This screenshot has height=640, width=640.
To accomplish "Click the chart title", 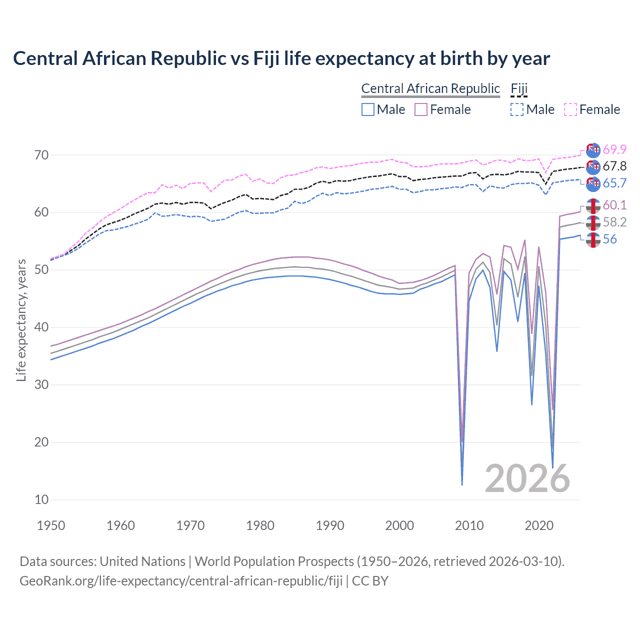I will [281, 58].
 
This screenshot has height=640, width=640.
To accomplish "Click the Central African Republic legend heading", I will [430, 89].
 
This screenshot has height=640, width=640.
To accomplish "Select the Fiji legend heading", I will [519, 89].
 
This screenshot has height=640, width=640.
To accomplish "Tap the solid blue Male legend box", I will [368, 109].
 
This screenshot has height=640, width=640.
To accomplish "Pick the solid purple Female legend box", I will [421, 109].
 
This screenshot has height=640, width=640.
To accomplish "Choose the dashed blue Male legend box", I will [517, 109].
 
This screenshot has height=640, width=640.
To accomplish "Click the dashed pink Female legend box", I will [570, 109].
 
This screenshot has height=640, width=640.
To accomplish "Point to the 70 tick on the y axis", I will [41, 155].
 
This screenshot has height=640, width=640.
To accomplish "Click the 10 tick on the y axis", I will [41, 499].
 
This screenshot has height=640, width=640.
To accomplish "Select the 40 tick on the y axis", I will [41, 327].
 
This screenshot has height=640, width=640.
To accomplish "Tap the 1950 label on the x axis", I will [51, 525].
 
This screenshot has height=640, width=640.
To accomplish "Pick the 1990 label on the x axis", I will [330, 525].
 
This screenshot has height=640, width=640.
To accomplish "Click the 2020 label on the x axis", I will [539, 525].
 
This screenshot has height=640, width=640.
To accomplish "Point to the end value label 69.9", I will [614, 149].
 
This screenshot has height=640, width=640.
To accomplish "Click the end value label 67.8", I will [614, 166].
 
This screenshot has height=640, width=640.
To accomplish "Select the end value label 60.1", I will [614, 205].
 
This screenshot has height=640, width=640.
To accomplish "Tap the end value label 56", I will [610, 239].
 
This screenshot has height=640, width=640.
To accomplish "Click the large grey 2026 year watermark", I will [527, 478].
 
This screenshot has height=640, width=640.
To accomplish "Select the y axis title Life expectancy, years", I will [21, 320].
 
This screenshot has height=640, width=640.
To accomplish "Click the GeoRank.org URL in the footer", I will [181, 581].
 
